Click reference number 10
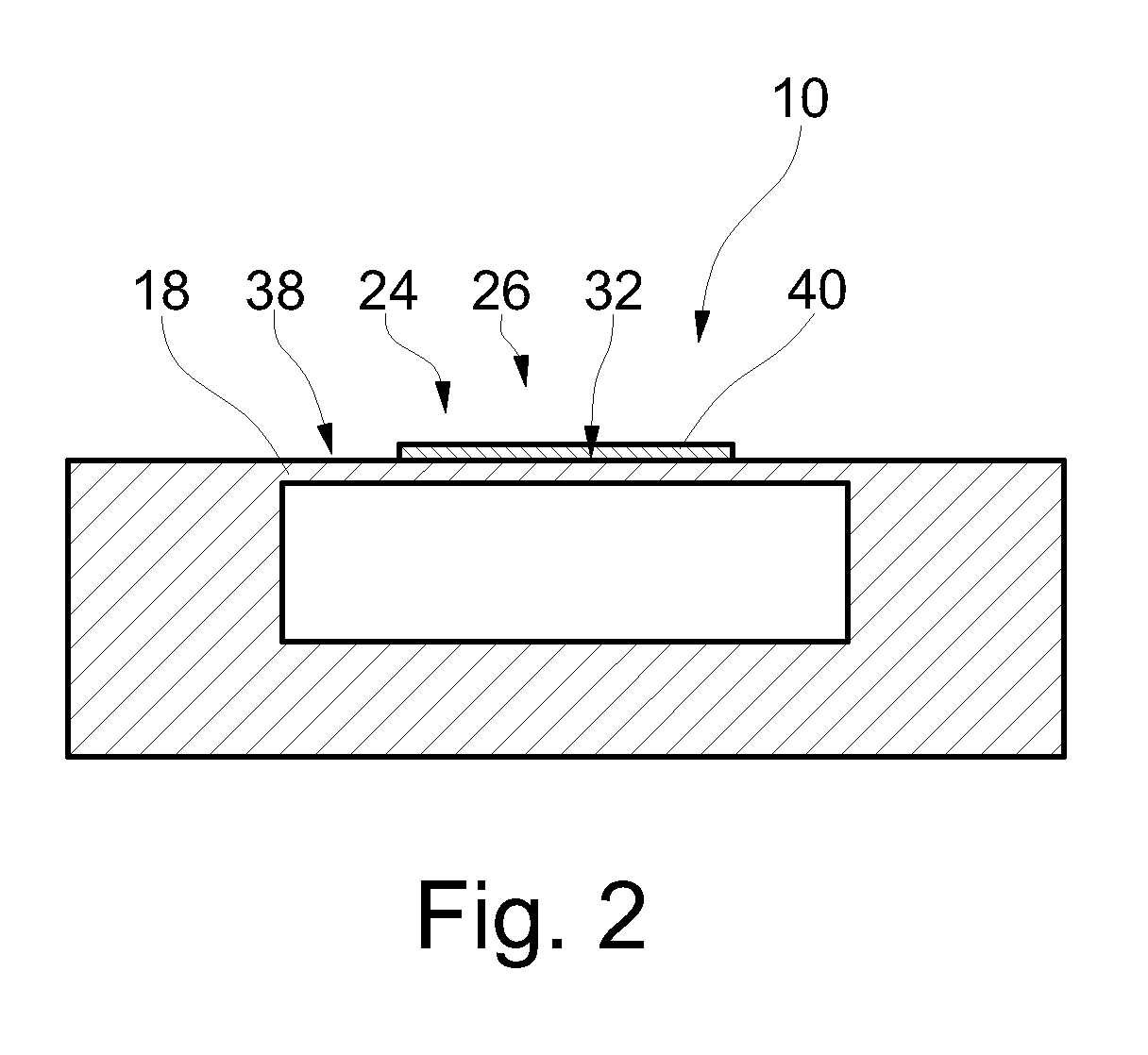coord(800,98)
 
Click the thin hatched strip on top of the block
coord(566,451)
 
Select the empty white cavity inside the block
coord(566,562)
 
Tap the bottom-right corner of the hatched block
coord(1064,757)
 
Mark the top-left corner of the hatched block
coord(68,460)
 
